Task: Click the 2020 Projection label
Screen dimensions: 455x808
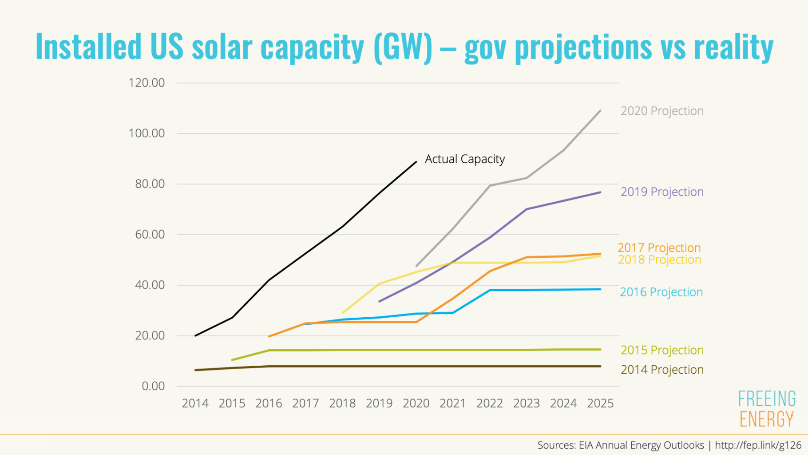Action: coord(662,111)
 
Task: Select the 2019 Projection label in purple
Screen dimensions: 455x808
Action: coord(662,192)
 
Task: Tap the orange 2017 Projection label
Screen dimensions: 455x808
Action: coord(659,247)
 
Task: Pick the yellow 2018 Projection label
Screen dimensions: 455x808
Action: coord(659,259)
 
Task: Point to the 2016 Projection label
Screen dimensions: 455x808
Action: coord(661,292)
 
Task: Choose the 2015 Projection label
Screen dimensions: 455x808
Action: coord(662,350)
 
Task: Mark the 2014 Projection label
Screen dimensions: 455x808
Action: coord(662,369)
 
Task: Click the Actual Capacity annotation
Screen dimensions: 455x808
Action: coord(464,159)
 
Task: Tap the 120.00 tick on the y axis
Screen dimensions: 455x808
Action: coord(147,83)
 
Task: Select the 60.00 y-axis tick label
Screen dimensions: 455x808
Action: coord(150,234)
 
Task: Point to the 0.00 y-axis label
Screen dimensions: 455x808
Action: coord(153,386)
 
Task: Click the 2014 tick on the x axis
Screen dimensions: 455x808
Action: coord(195,403)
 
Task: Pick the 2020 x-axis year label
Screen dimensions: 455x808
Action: coord(416,403)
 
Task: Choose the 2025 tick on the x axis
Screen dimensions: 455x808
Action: coord(600,403)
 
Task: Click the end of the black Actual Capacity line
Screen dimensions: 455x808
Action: coord(416,162)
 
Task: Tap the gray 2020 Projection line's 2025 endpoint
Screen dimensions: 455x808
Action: coord(600,111)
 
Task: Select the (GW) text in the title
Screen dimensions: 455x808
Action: coord(403,47)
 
